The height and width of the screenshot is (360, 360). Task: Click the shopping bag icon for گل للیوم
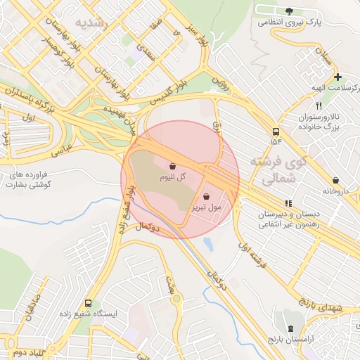coord(172,167)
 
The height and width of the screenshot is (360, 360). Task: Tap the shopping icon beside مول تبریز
coord(206,197)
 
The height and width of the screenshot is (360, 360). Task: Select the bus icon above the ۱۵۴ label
coord(275,131)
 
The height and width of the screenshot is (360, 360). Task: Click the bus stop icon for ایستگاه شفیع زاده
coord(88,304)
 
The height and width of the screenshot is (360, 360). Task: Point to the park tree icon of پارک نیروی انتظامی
coord(289,11)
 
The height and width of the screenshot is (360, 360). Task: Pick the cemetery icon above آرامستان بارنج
coord(291,329)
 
